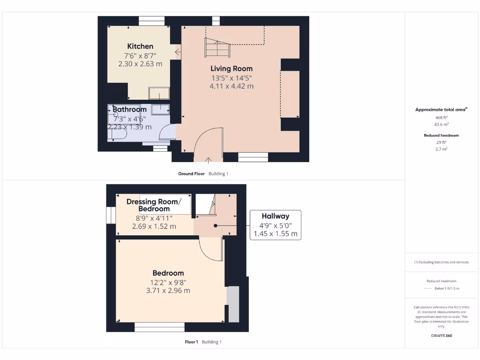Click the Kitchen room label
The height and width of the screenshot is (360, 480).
(x=140, y=46)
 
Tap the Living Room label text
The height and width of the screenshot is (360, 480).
(x=231, y=68)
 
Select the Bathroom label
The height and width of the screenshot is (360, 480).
(x=129, y=109)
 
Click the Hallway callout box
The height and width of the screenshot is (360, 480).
(x=275, y=225)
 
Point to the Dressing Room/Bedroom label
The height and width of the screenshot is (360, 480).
(x=154, y=205)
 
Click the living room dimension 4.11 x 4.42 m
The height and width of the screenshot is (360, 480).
(x=231, y=86)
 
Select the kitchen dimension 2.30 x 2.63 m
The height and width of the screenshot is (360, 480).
(x=140, y=64)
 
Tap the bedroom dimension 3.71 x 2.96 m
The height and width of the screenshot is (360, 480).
(x=168, y=291)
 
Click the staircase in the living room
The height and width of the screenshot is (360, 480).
(x=217, y=47)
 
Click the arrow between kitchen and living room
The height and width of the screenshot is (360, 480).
(x=177, y=51)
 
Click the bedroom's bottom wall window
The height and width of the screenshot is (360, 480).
(x=159, y=327)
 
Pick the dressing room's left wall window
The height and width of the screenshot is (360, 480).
(x=111, y=216)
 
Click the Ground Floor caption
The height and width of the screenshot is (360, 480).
(x=191, y=173)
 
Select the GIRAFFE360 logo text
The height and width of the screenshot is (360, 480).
(x=441, y=336)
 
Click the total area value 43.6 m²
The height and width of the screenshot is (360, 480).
(x=441, y=124)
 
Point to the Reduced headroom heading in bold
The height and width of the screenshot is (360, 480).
(x=441, y=135)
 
